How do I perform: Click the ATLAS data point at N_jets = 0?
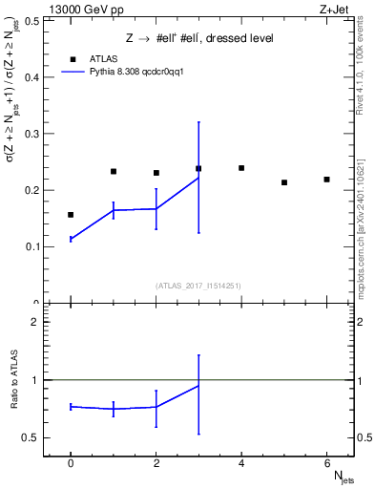click(x=71, y=215)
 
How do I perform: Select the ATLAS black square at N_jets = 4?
click(x=241, y=168)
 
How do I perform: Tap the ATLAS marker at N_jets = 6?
click(x=326, y=180)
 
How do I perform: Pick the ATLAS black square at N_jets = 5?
click(x=284, y=182)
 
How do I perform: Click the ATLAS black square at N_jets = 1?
click(x=114, y=172)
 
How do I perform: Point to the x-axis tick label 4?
click(x=241, y=464)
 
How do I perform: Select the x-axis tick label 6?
click(x=326, y=464)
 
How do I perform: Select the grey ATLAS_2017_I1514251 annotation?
click(x=198, y=286)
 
